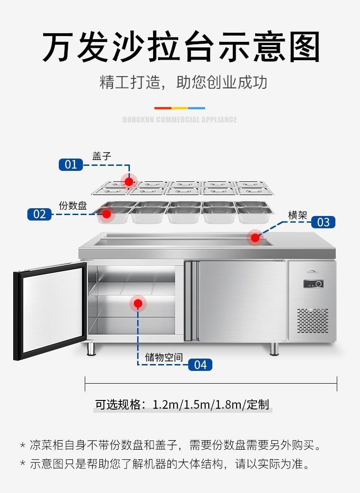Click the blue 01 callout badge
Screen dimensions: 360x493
click(71, 164)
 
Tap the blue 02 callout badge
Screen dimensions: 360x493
click(39, 214)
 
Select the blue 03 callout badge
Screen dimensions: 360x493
click(323, 222)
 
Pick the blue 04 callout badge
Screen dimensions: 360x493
click(201, 365)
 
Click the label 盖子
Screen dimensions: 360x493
click(102, 156)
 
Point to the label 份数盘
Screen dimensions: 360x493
click(72, 205)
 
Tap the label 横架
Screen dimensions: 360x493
click(298, 216)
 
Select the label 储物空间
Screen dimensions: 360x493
click(164, 358)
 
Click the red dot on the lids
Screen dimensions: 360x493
click(129, 181)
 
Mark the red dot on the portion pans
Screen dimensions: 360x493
click(107, 214)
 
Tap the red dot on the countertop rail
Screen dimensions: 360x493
click(255, 238)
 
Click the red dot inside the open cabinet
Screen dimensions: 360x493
click(138, 303)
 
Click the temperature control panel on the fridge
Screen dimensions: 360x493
click(314, 283)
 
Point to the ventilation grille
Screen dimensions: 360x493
click(313, 321)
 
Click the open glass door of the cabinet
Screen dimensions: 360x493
click(50, 311)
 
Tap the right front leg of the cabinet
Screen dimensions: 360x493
click(274, 349)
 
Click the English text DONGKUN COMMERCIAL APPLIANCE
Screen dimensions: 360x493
click(180, 119)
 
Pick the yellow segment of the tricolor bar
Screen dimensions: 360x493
click(180, 108)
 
